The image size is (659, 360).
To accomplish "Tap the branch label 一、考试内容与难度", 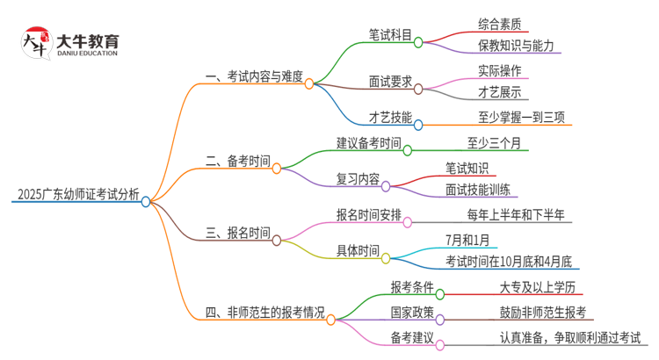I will [x=255, y=77].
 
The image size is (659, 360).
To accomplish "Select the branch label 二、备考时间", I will [x=237, y=161].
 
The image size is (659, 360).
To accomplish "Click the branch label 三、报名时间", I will [x=237, y=233].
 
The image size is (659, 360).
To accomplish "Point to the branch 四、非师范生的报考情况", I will [x=264, y=312].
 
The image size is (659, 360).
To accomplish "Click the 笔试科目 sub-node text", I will [x=391, y=36].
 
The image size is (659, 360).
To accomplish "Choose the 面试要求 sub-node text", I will [x=391, y=83].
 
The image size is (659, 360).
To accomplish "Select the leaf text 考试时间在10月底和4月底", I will [x=508, y=261].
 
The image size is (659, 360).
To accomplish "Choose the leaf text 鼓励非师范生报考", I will [x=542, y=312].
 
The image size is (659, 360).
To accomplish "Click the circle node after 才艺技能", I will [x=419, y=124].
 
